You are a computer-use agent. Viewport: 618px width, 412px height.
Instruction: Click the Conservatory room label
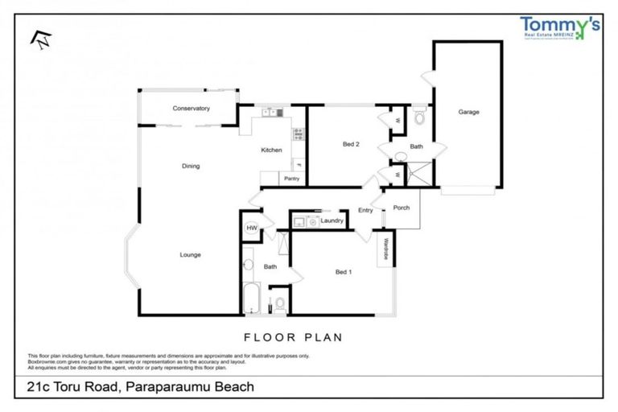tap(191, 108)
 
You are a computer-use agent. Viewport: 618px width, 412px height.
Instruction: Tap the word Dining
tap(190, 167)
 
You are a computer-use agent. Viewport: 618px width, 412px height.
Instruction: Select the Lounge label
tap(190, 255)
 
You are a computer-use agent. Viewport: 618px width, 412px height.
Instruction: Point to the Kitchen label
tap(271, 150)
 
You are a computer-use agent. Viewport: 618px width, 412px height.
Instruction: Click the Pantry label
tap(291, 179)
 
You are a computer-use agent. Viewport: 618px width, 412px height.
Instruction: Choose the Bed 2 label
tap(350, 145)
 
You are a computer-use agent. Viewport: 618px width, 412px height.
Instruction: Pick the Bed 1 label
tap(344, 272)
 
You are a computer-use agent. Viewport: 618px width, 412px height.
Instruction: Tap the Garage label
tap(468, 112)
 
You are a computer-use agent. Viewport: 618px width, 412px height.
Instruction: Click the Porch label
tap(401, 208)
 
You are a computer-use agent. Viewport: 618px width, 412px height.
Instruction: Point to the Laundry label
tap(332, 220)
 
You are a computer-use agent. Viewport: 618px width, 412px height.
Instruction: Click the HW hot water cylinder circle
tap(251, 229)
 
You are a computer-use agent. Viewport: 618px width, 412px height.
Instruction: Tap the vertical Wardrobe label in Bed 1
tap(386, 251)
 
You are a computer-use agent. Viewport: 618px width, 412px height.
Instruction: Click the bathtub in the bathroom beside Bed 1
tap(251, 299)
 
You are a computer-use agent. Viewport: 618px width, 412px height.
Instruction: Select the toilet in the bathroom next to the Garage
tap(418, 117)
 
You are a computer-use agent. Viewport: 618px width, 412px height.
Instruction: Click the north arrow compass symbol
tap(36, 38)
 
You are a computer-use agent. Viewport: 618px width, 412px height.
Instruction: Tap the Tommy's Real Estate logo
tap(560, 30)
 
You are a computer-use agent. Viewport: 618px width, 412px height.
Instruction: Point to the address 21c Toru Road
tap(72, 387)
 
